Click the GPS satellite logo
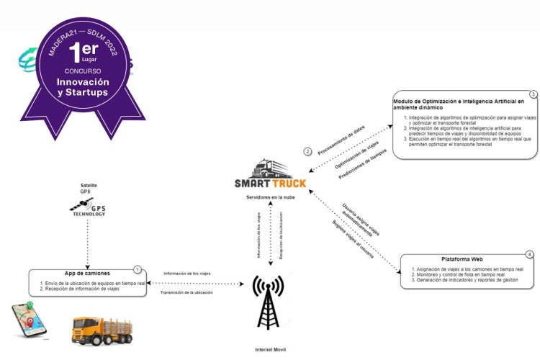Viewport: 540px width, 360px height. (89, 207)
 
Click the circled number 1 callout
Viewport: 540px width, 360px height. (137, 269)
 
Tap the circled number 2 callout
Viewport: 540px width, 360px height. (307, 151)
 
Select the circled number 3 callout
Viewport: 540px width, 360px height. (532, 94)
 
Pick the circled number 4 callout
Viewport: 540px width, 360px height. (530, 254)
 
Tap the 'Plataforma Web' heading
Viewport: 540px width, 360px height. (462, 259)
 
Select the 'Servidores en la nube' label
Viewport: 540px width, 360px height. (270, 195)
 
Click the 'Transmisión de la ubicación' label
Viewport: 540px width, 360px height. (190, 291)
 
